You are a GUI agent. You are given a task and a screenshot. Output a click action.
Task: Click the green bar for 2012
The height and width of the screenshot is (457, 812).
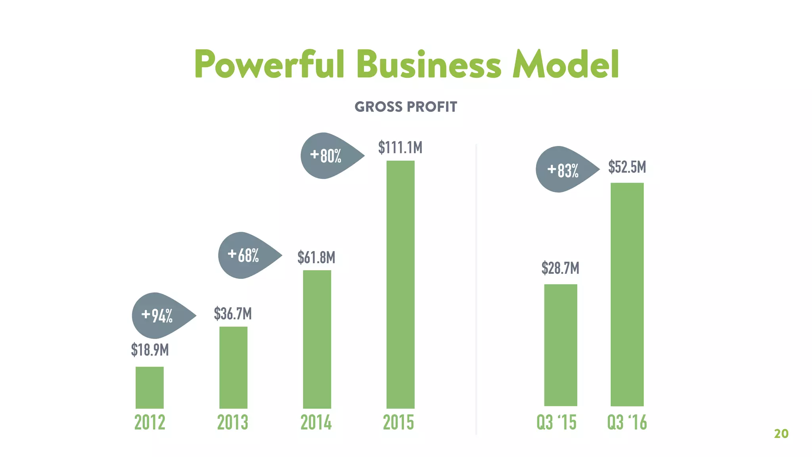[149, 388]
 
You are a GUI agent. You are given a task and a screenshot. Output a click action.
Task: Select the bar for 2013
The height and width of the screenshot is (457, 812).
[233, 367]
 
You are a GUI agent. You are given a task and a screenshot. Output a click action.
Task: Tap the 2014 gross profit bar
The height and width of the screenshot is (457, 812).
[317, 339]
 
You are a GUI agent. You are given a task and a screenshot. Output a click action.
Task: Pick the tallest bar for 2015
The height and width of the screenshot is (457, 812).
[400, 284]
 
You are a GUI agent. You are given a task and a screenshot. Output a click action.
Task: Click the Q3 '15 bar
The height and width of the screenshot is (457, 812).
[560, 345]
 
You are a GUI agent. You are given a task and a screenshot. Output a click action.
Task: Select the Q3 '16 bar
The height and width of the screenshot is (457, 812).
[627, 294]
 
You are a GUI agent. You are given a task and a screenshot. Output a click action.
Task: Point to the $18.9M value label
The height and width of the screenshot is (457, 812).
[150, 350]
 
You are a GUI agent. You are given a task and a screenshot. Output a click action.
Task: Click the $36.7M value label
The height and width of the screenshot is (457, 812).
[233, 313]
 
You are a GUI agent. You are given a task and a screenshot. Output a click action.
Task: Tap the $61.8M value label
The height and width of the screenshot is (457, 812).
[316, 257]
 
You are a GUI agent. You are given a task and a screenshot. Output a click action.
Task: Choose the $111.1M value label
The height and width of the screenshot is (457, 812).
[400, 147]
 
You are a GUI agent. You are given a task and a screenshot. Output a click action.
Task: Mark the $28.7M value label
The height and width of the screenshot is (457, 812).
[560, 268]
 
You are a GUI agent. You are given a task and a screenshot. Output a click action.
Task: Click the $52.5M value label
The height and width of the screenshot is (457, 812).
[627, 167]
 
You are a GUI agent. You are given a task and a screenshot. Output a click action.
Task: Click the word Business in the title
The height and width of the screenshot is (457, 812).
[429, 64]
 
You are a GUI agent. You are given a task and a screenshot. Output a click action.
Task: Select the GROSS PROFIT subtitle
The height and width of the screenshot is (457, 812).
[406, 107]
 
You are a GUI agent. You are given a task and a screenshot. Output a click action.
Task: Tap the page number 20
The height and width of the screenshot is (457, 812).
[781, 434]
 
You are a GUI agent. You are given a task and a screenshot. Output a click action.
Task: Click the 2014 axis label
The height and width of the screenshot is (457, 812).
[316, 422]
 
